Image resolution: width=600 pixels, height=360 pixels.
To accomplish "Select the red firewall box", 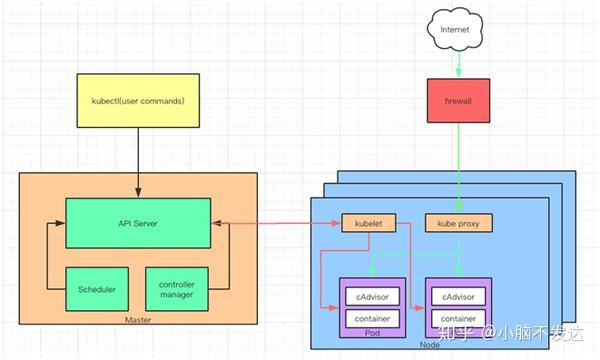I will (459, 102).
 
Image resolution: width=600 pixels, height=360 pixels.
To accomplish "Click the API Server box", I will (138, 222).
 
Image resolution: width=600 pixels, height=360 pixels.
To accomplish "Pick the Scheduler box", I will (96, 289).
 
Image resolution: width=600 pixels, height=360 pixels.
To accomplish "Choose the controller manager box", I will (176, 289).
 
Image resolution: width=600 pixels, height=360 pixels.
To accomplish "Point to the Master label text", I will (138, 319).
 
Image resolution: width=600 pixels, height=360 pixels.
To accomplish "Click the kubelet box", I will (369, 224).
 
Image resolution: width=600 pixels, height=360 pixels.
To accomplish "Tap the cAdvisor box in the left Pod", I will (373, 297).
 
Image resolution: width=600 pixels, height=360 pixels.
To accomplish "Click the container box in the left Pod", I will (373, 319).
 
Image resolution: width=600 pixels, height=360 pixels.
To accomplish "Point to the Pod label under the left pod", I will (373, 334).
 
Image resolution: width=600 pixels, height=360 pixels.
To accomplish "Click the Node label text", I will (431, 344).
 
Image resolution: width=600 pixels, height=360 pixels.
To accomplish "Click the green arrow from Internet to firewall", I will (459, 62).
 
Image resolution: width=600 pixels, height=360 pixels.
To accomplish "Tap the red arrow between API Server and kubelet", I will (276, 223).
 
